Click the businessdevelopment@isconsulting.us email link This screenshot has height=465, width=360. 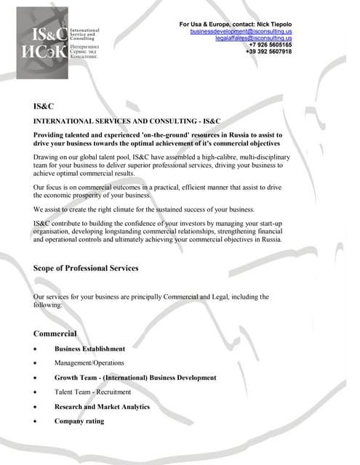(241, 32)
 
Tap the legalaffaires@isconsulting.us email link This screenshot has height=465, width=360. (253, 39)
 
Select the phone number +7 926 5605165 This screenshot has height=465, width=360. (270, 45)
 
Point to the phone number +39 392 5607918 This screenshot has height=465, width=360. (268, 52)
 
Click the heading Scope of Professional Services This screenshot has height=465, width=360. (86, 268)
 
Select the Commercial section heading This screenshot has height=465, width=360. (55, 333)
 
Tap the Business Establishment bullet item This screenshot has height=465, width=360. (89, 349)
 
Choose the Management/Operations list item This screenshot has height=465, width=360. (89, 363)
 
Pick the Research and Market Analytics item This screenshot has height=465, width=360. (102, 407)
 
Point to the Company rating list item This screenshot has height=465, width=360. (79, 421)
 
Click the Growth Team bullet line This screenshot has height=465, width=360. (135, 378)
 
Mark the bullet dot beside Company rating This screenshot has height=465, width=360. (36, 421)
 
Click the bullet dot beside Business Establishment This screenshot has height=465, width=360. (36, 349)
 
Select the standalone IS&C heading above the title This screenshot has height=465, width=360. (44, 106)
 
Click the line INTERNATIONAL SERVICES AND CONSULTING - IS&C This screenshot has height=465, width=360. (127, 121)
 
